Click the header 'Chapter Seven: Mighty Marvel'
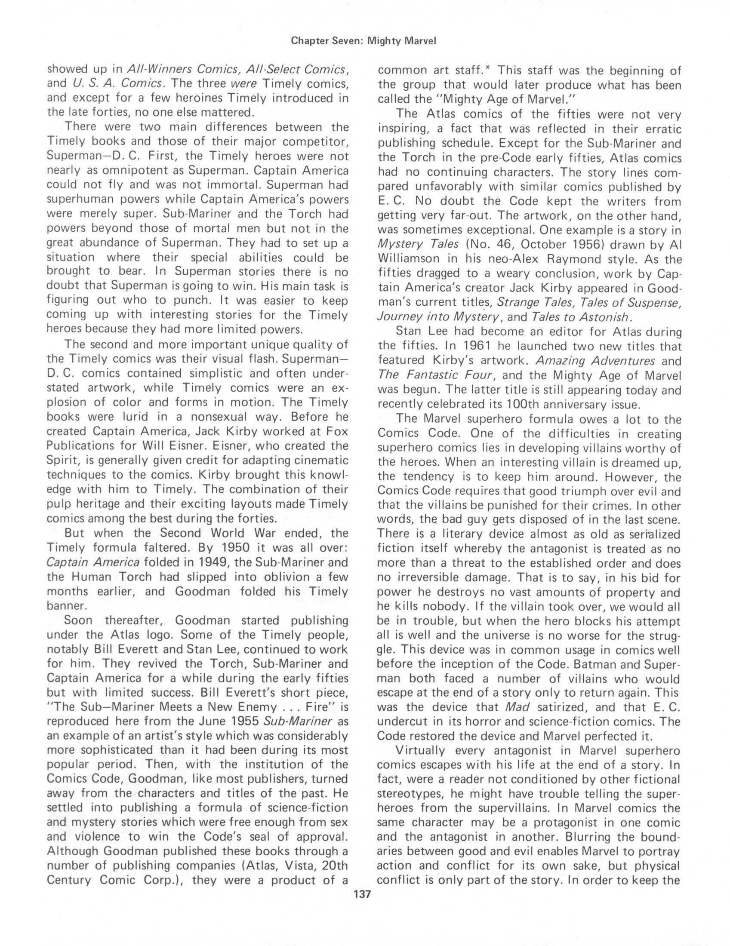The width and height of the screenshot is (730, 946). coord(363,41)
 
